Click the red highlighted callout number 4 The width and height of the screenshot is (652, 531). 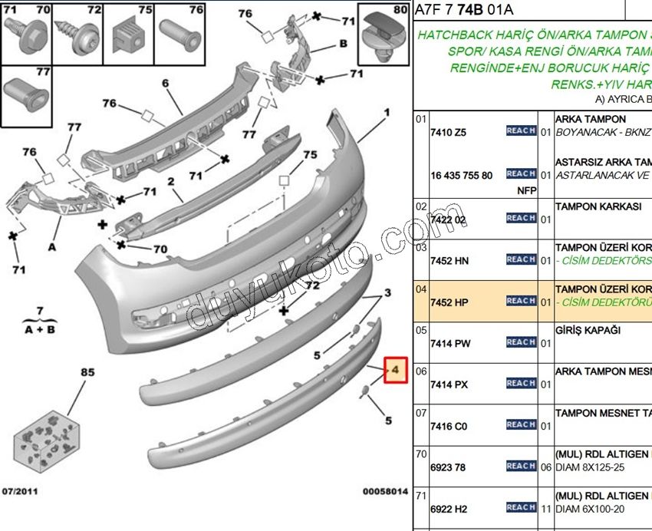(395, 371)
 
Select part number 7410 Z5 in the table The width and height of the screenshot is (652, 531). (449, 132)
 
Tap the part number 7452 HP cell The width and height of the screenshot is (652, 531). (449, 302)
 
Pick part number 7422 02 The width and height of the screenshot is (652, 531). (449, 219)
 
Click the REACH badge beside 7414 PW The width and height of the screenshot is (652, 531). (521, 342)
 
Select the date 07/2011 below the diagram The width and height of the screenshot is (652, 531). (21, 491)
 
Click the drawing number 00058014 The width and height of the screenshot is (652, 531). (385, 491)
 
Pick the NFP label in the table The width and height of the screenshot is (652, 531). (526, 190)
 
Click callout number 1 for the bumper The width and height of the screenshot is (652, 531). (387, 112)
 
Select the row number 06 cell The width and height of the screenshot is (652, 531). (421, 371)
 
